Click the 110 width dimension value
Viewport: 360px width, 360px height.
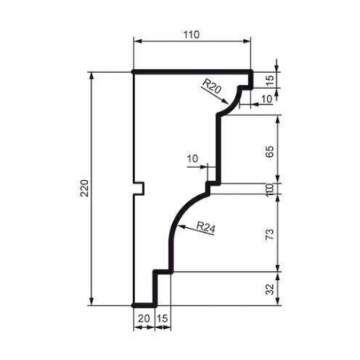pos(190,34)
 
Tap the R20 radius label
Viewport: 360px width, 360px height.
pos(211,82)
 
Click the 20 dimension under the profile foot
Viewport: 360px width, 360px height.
pos(144,318)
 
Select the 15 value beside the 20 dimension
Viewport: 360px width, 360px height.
pos(162,318)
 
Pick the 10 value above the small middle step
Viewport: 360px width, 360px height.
pos(192,158)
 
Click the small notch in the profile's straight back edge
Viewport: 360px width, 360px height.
pos(138,189)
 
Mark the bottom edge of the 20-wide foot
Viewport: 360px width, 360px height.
pos(144,305)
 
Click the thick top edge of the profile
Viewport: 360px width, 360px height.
pos(192,71)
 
